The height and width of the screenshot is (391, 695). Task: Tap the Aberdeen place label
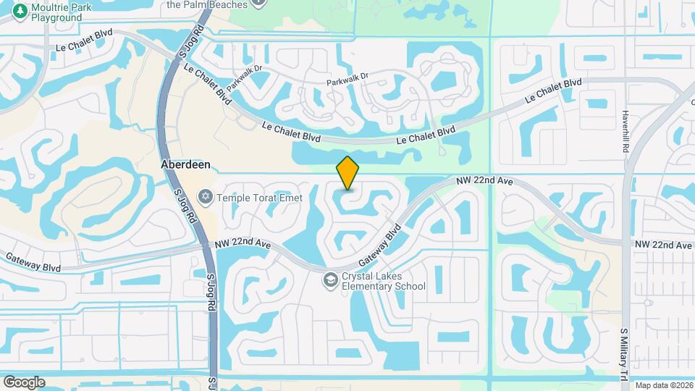click(x=185, y=164)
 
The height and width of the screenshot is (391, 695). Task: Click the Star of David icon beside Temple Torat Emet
click(x=206, y=195)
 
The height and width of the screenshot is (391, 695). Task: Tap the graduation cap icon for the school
click(x=330, y=279)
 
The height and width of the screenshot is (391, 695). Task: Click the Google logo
click(x=24, y=382)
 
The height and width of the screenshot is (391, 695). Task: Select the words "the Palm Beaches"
click(x=206, y=4)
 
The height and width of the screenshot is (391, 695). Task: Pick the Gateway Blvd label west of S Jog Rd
click(x=33, y=261)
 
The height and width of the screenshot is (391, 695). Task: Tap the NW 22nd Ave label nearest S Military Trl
click(x=663, y=245)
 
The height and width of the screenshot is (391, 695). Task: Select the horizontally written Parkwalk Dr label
click(x=347, y=76)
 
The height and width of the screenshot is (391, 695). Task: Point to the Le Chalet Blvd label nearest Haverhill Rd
click(x=553, y=91)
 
